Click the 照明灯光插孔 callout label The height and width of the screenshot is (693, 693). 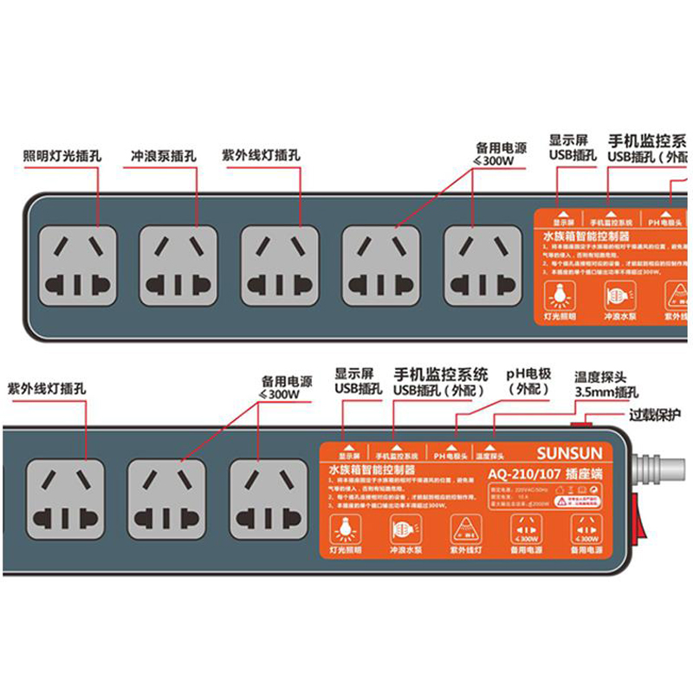[62, 157]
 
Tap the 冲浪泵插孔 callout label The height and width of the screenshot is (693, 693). [164, 157]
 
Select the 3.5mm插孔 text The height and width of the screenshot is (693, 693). [606, 392]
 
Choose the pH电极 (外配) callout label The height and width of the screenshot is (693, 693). [528, 382]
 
